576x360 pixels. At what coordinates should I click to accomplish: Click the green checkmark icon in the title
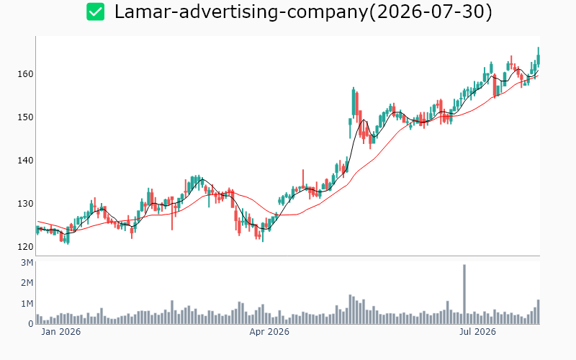(x=96, y=12)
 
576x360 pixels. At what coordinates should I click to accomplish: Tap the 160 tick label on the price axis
(x=25, y=74)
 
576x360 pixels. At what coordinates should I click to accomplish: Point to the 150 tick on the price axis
(x=25, y=117)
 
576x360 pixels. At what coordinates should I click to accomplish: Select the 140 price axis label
(x=25, y=161)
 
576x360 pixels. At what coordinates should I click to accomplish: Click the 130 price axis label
(x=25, y=204)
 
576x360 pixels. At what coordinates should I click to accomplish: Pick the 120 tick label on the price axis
(x=25, y=247)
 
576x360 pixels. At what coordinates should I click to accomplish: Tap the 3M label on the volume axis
(x=27, y=263)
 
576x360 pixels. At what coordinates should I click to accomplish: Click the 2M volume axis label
(x=27, y=283)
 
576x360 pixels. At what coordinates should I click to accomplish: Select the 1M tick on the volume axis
(x=27, y=303)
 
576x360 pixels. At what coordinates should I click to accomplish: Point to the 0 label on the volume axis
(x=31, y=324)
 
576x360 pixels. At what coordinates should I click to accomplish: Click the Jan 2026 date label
(x=61, y=332)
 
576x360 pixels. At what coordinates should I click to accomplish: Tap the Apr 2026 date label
(x=269, y=332)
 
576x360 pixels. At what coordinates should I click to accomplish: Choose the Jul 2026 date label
(x=477, y=332)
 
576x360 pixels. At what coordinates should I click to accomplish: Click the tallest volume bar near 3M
(x=464, y=294)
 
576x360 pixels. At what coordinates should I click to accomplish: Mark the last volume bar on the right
(x=538, y=312)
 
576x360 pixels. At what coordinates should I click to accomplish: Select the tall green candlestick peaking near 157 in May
(x=354, y=103)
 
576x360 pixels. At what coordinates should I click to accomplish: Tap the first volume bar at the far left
(x=38, y=319)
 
